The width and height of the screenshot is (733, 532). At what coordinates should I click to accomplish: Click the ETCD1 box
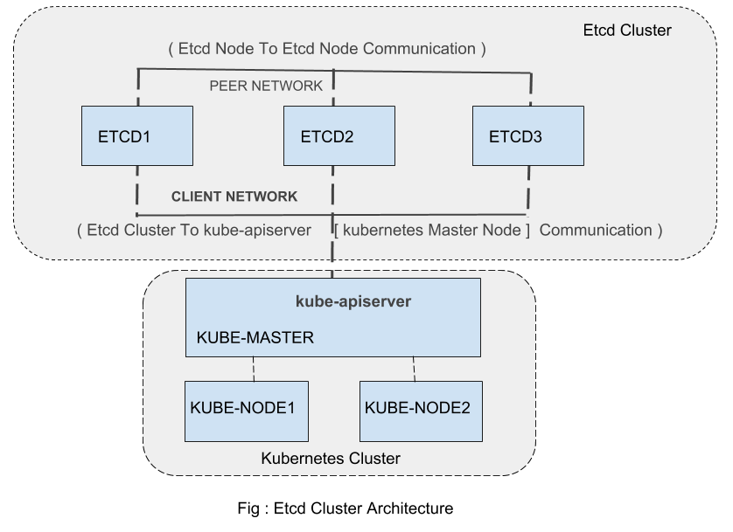coord(137,135)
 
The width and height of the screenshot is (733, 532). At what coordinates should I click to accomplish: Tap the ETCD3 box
coord(527,135)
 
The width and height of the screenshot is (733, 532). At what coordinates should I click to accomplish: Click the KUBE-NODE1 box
coord(246,411)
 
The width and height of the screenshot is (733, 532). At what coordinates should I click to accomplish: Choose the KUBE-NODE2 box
coord(421,411)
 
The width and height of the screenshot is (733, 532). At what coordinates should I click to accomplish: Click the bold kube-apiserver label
coord(353,301)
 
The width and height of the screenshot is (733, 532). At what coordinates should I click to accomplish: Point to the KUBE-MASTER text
coord(255,337)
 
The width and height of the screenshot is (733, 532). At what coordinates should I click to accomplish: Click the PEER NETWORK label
coord(266,86)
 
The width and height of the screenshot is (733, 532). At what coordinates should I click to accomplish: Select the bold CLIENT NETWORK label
coord(234,197)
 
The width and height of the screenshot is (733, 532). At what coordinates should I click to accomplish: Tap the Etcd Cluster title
coord(626,31)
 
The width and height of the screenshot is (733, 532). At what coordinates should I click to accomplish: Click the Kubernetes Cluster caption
coord(331,459)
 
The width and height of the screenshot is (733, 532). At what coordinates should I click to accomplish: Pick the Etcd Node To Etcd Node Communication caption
coord(326,49)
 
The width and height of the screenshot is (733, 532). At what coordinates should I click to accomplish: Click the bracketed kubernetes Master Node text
coord(432,231)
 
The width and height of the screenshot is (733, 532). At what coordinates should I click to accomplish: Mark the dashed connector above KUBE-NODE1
coord(254,369)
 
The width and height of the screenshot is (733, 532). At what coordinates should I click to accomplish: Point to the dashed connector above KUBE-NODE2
coord(414,369)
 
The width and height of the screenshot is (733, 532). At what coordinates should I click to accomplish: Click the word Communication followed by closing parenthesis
coord(601,231)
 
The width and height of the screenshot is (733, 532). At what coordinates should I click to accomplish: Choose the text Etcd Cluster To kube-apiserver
coord(194,231)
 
